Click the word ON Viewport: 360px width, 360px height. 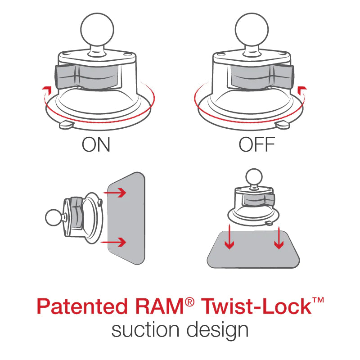[x=96, y=145]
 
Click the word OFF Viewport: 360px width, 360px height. [x=256, y=145]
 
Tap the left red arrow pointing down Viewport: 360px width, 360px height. [x=229, y=238]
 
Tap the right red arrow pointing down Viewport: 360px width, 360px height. [x=279, y=238]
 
